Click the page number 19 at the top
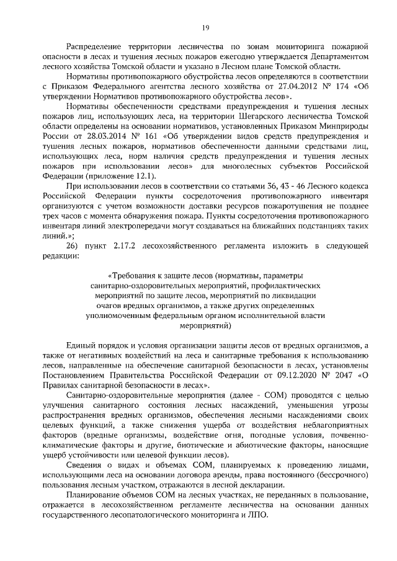click(x=205, y=27)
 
